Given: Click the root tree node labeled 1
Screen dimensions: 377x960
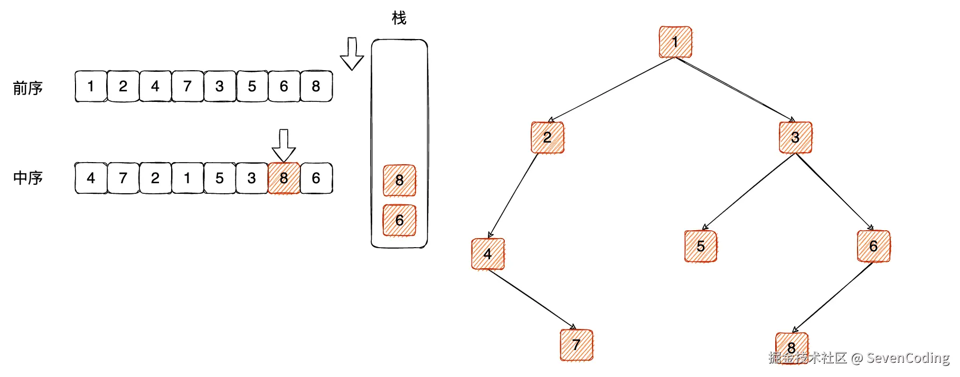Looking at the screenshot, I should click(x=675, y=42).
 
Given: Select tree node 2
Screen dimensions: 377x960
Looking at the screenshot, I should click(x=548, y=137).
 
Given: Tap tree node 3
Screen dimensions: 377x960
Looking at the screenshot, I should click(x=795, y=137).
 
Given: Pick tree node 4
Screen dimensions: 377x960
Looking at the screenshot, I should click(x=487, y=254).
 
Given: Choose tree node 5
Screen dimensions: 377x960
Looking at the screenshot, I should click(x=701, y=246).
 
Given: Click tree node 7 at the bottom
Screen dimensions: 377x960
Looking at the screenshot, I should click(x=576, y=345).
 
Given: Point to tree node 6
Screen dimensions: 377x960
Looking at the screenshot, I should click(x=873, y=246).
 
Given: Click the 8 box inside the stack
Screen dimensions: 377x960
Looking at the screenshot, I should click(x=399, y=180).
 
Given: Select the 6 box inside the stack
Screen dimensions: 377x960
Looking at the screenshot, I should click(x=399, y=220).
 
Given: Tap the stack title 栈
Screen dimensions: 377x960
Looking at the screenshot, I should click(x=399, y=18).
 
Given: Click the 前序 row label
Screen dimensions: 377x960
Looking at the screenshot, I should click(x=28, y=88).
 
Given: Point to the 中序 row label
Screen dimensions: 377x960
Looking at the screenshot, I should click(x=28, y=178).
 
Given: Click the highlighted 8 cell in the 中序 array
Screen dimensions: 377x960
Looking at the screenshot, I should click(x=284, y=178).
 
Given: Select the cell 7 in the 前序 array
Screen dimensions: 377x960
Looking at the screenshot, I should click(x=187, y=86).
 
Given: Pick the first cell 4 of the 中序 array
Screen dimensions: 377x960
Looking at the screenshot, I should click(x=91, y=178).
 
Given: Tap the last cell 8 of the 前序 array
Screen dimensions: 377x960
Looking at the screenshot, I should click(x=316, y=86).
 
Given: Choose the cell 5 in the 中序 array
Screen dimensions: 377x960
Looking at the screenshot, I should click(x=220, y=178).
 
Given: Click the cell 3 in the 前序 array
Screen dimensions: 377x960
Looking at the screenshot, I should click(x=220, y=86).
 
